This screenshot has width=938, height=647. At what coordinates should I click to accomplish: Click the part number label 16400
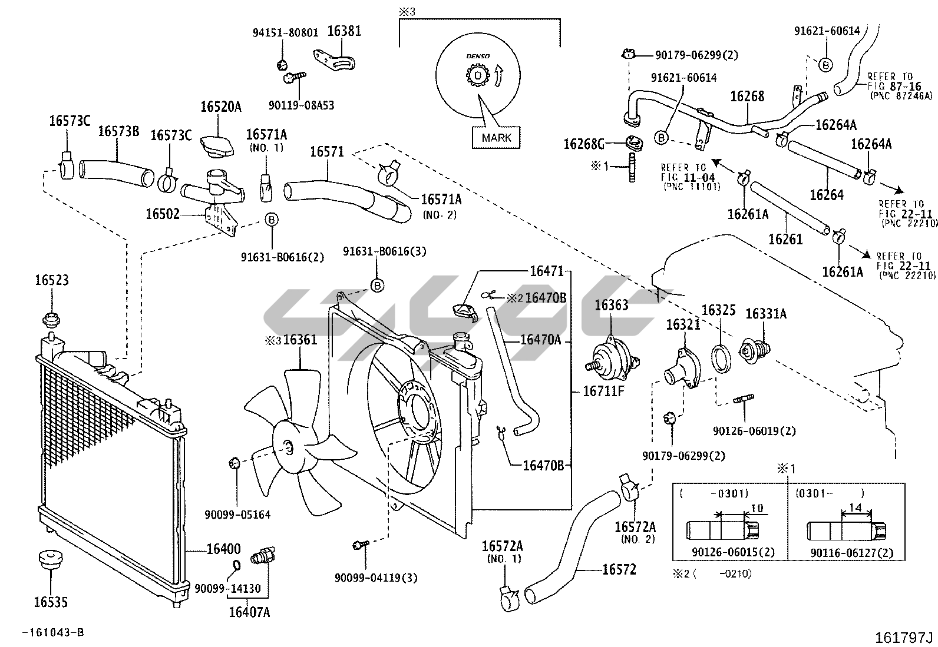click(x=224, y=549)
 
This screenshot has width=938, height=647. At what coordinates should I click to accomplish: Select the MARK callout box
click(x=496, y=138)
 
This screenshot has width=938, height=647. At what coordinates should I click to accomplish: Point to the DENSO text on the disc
click(x=478, y=56)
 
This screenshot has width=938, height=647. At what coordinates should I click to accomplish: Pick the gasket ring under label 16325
click(x=722, y=359)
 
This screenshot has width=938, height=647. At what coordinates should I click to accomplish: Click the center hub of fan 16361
click(x=289, y=448)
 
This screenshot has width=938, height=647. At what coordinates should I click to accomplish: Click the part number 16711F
click(x=603, y=391)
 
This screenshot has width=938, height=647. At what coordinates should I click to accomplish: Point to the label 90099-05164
click(x=237, y=515)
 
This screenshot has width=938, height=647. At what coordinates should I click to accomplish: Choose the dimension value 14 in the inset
click(x=855, y=507)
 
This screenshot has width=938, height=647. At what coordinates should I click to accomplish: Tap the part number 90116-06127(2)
click(x=852, y=553)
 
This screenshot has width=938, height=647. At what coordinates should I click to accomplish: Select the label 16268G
click(x=584, y=144)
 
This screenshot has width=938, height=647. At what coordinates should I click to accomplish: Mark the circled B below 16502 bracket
click(x=272, y=219)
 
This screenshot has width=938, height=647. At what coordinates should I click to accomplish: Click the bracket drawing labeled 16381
click(x=335, y=59)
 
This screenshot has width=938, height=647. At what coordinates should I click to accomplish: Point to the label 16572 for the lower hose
click(x=619, y=569)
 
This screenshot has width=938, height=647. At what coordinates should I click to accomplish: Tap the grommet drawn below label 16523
click(x=51, y=320)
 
